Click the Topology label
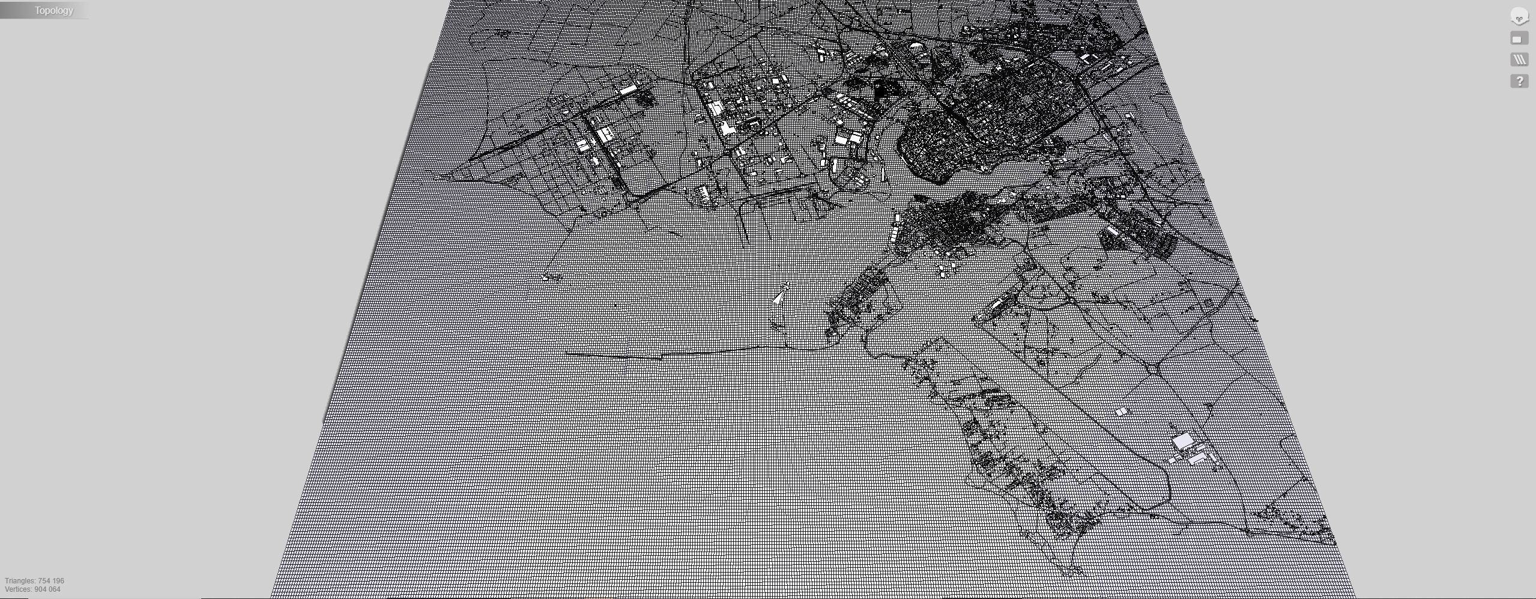[x=53, y=11]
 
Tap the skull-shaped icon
[x=1519, y=17]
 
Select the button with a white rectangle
[x=1519, y=39]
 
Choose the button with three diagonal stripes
[x=1519, y=59]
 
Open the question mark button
[x=1519, y=81]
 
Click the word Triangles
[x=20, y=581]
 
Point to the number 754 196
[x=51, y=581]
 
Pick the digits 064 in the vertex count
[x=54, y=589]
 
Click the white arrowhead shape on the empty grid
[x=781, y=294]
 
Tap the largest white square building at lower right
[x=1183, y=442]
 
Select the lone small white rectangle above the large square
[x=1122, y=412]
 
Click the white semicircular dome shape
[x=916, y=45]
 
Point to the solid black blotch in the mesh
[x=883, y=90]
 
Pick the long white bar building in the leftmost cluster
[x=627, y=90]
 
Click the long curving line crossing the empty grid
[x=691, y=353]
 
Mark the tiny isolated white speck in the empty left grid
[x=546, y=278]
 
